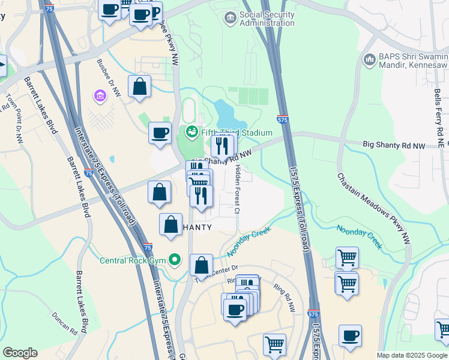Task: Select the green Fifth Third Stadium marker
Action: (193, 132)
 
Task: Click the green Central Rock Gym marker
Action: (175, 260)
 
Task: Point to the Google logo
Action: (20, 353)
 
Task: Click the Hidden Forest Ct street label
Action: (238, 189)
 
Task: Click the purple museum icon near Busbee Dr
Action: (99, 95)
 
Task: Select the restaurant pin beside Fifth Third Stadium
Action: (221, 146)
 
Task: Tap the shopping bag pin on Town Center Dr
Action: (202, 265)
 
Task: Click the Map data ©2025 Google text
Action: (411, 355)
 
